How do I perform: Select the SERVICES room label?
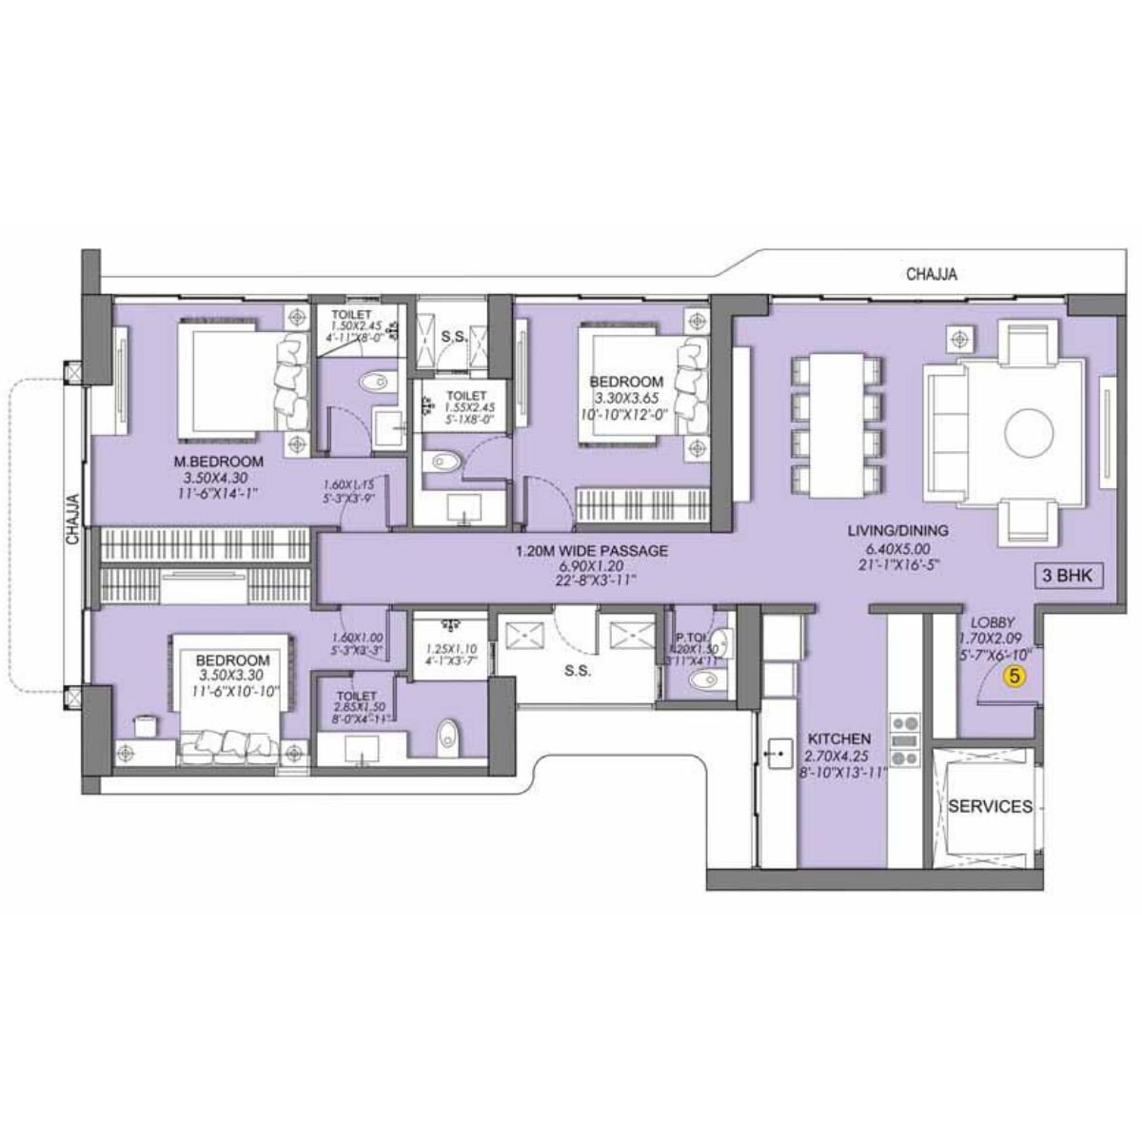pyautogui.click(x=990, y=806)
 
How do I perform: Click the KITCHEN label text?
pyautogui.click(x=838, y=738)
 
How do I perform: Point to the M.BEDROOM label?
pyautogui.click(x=218, y=463)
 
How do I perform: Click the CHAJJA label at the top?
pyautogui.click(x=932, y=275)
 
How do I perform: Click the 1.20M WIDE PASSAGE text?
pyautogui.click(x=591, y=551)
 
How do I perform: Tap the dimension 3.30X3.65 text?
pyautogui.click(x=626, y=399)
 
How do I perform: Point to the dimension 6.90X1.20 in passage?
pyautogui.click(x=591, y=566)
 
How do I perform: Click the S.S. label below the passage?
pyautogui.click(x=577, y=670)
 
